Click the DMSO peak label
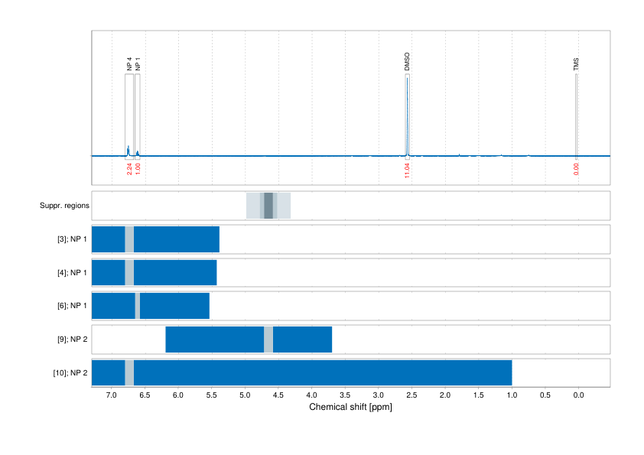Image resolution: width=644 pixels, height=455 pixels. click(x=407, y=63)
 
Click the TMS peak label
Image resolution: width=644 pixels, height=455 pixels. click(x=576, y=65)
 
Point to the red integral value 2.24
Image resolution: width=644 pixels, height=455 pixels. click(x=129, y=168)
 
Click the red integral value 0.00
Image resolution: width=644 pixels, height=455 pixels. click(x=576, y=168)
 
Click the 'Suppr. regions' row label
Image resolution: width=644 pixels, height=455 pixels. click(x=64, y=206)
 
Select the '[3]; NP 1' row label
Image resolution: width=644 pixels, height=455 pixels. click(x=73, y=239)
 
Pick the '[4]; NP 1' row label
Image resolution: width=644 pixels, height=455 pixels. click(x=73, y=273)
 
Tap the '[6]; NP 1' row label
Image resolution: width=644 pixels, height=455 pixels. click(x=73, y=306)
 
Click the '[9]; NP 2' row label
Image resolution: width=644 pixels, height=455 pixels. click(x=73, y=340)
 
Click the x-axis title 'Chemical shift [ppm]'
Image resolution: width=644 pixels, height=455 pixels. click(x=350, y=407)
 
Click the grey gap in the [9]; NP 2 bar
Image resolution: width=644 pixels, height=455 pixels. click(x=268, y=340)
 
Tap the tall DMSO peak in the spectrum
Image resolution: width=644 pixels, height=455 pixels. click(x=407, y=115)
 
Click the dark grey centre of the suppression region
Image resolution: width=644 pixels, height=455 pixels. click(x=268, y=206)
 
